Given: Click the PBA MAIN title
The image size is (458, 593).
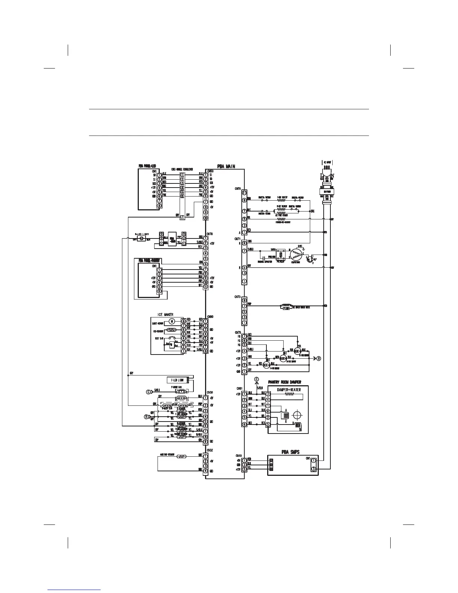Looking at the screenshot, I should coord(226,166).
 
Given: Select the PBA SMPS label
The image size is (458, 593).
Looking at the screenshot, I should coord(290,452).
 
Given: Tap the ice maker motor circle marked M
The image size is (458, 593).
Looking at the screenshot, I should coord(172,321).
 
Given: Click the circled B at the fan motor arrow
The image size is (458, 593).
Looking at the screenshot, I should coord(318,358).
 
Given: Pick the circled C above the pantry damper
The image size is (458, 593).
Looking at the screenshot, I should coord(257,379).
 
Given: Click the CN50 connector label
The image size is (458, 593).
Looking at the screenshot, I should coord(210,170).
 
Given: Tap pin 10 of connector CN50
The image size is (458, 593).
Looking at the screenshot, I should coord(205,218).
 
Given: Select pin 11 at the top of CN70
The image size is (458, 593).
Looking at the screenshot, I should coord(244,193).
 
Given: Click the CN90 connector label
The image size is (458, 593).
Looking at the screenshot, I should coord(210,316).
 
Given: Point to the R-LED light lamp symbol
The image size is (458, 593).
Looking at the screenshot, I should coord(141,239).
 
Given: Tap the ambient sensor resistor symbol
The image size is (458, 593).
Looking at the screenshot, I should coord(181,457).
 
